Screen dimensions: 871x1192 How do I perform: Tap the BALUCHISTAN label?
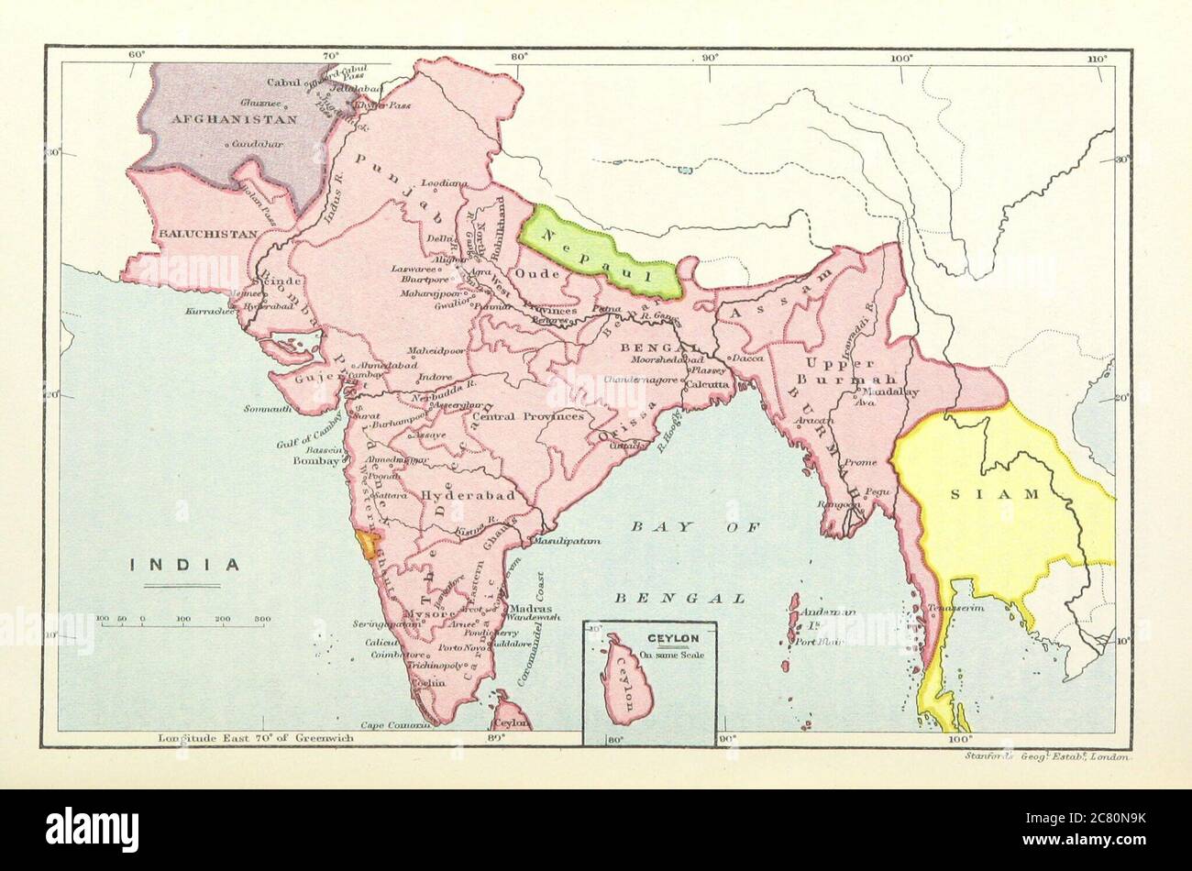[208, 234]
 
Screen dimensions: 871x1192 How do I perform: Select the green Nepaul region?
[601, 252]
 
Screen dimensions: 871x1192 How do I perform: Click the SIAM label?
[1007, 494]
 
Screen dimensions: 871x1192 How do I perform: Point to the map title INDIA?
[184, 565]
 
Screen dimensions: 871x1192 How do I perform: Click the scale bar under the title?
[183, 625]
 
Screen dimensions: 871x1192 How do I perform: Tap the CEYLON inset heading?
[672, 638]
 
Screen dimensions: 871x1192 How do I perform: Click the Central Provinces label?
[528, 416]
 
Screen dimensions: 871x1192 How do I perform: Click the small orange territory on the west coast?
[366, 546]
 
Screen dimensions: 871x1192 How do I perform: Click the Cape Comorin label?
[395, 725]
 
